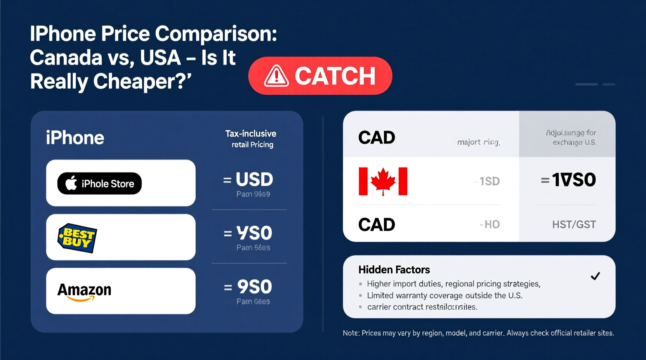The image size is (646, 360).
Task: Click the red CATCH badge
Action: click(x=320, y=76)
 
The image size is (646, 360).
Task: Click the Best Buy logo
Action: click(x=77, y=237)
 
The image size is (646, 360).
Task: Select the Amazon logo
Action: click(x=84, y=291)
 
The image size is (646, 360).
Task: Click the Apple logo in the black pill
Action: click(x=71, y=183)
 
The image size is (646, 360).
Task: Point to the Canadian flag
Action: click(x=383, y=181)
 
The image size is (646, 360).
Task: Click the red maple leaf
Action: click(x=383, y=181)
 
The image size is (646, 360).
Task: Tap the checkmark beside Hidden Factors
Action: click(x=595, y=276)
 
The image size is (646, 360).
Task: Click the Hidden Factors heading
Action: click(x=394, y=270)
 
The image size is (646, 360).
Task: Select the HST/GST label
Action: click(x=574, y=225)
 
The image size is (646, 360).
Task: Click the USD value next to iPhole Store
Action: click(x=254, y=180)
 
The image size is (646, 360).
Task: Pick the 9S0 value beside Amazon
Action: click(x=254, y=287)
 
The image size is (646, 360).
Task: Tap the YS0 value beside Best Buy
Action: click(x=254, y=233)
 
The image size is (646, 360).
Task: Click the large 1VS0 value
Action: click(x=573, y=180)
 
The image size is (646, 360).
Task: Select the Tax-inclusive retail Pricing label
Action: click(x=251, y=139)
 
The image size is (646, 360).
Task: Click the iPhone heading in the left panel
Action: click(x=75, y=138)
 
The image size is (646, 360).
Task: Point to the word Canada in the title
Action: click(x=66, y=58)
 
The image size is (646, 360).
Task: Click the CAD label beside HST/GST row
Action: click(x=377, y=225)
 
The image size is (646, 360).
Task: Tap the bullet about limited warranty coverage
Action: click(x=445, y=296)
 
